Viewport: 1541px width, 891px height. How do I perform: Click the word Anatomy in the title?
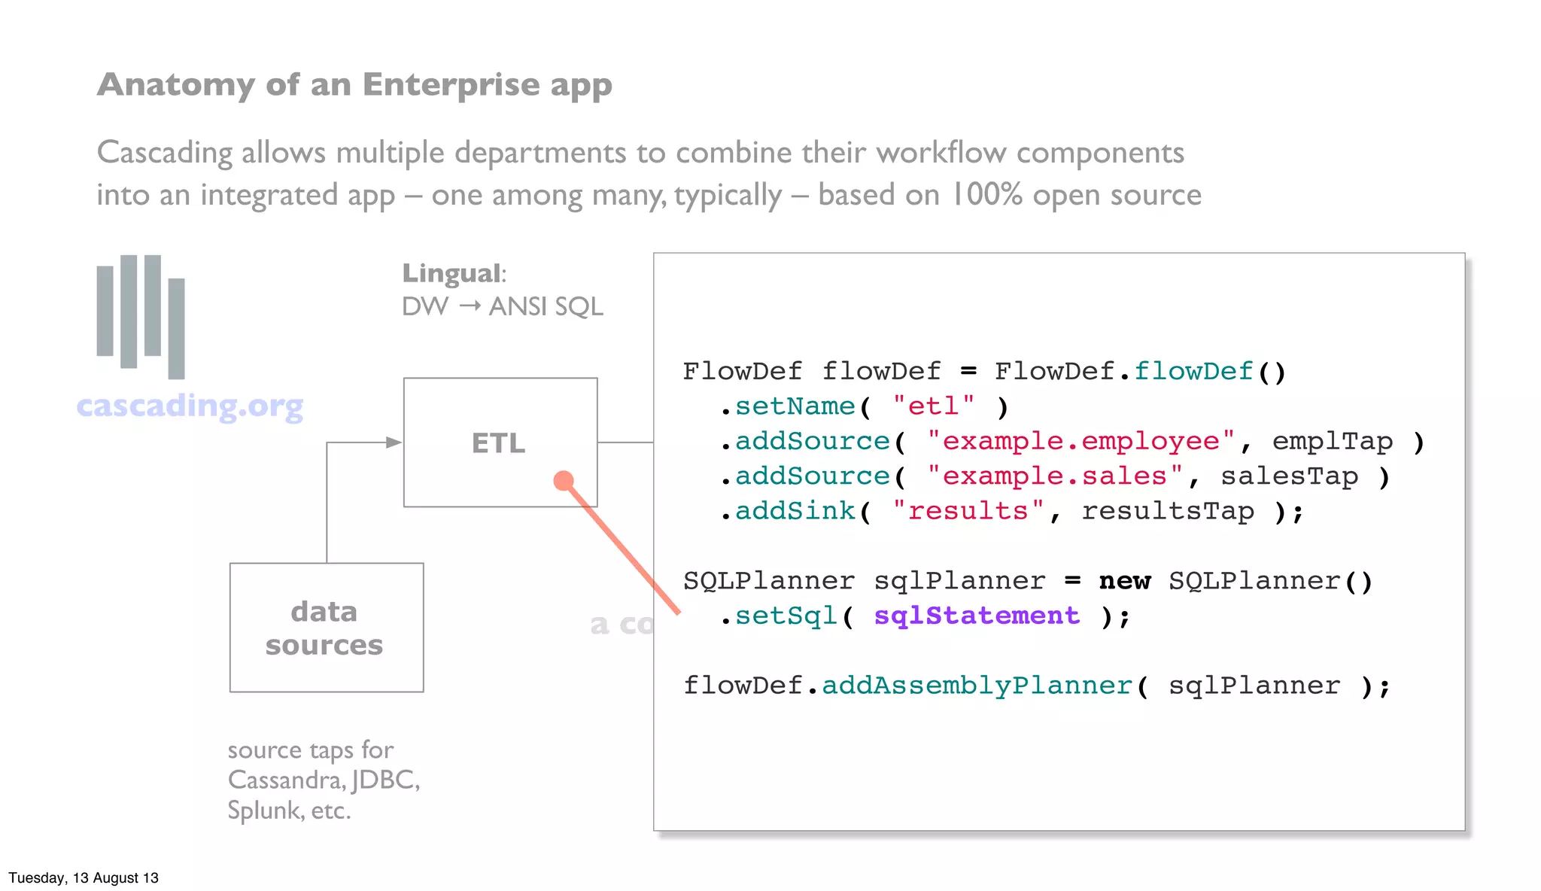tap(176, 85)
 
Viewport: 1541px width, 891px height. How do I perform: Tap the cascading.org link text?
tap(190, 406)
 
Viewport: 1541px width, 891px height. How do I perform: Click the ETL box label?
tap(498, 443)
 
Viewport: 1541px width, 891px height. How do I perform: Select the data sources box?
tap(326, 628)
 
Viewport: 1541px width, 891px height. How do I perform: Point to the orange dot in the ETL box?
tap(564, 480)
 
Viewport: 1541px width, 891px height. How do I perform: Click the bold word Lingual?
tap(451, 273)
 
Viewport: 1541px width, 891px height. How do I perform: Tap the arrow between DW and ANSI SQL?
tap(470, 306)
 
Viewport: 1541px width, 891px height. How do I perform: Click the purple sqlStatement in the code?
tap(976, 616)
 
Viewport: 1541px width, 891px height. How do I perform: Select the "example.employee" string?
tap(1081, 441)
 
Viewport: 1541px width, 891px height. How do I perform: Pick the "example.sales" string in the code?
tap(1054, 476)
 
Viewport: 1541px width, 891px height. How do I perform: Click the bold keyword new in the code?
tap(1124, 581)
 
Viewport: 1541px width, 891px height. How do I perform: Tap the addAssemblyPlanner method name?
tap(977, 686)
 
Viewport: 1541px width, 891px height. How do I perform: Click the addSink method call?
tap(795, 511)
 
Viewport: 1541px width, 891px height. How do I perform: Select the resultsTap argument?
tap(1168, 511)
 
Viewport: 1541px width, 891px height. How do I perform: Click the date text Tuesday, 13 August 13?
tap(84, 878)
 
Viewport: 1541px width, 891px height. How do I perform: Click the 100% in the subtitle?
tap(986, 195)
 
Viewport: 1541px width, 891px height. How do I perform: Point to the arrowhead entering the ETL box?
tap(394, 442)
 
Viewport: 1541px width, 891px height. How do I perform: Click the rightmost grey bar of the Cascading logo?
tap(176, 328)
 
